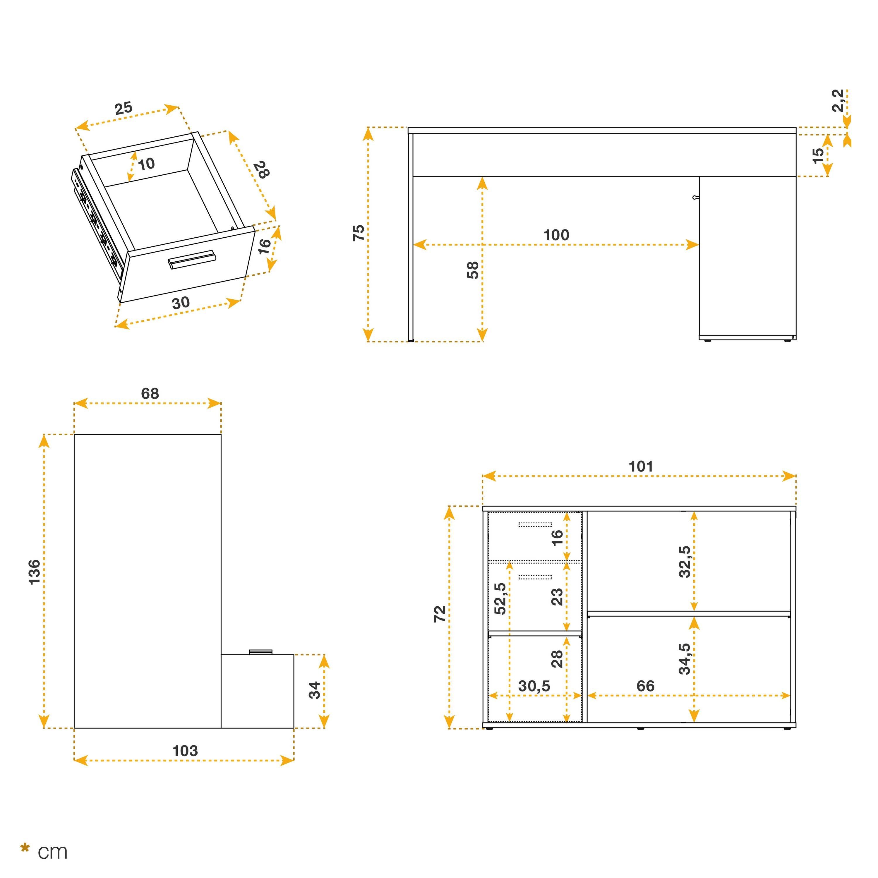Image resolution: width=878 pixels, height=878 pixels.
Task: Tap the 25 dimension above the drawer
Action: [x=123, y=108]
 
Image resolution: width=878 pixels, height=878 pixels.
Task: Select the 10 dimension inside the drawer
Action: [x=146, y=164]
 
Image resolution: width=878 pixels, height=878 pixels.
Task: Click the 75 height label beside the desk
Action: [x=359, y=233]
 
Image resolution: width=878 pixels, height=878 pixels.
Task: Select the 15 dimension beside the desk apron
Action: [x=817, y=155]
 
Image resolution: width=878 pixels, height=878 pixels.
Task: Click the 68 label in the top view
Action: [x=150, y=394]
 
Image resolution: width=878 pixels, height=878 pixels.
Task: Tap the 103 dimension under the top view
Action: [x=185, y=751]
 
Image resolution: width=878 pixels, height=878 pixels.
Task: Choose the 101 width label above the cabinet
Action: [x=640, y=466]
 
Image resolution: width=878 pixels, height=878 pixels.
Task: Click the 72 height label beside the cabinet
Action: [x=440, y=614]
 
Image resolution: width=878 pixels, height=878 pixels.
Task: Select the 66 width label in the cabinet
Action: [x=645, y=686]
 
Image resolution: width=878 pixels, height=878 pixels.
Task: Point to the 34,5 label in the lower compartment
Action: [x=685, y=658]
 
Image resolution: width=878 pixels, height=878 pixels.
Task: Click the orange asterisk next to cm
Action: [x=25, y=848]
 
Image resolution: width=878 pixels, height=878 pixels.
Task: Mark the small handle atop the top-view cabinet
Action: [x=261, y=652]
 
